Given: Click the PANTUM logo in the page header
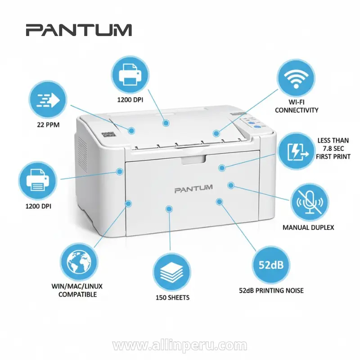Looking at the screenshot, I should [78, 30].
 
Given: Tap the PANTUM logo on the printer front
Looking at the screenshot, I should [193, 190].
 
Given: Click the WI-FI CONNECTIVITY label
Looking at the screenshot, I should [297, 106].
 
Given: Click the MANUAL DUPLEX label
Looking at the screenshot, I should [308, 227].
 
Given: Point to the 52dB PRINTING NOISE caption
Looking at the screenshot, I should [271, 290].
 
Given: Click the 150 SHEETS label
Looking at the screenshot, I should [172, 297].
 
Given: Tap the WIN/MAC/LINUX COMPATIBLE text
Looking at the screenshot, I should [74, 290].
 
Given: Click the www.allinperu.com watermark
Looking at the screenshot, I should [180, 346].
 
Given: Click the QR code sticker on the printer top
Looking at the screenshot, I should [107, 134].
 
